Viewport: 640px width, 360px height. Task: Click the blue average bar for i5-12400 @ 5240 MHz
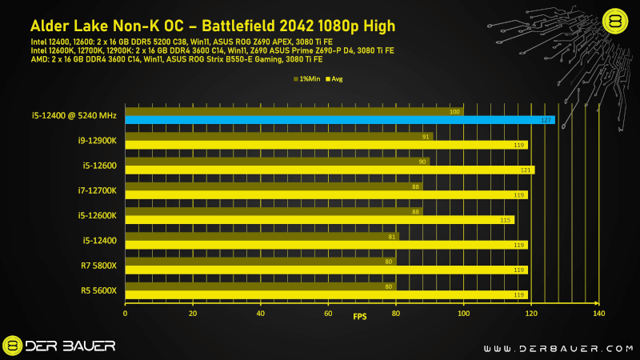click(x=336, y=120)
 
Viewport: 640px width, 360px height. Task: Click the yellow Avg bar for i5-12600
click(x=328, y=170)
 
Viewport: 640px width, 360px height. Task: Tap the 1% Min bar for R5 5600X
click(x=260, y=286)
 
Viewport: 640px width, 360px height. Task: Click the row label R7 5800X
click(x=99, y=266)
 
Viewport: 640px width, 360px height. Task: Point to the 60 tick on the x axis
click(x=328, y=314)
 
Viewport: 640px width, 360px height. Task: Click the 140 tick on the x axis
click(x=598, y=314)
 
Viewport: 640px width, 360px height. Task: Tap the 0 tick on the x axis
click(x=125, y=314)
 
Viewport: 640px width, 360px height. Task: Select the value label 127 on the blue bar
click(x=546, y=120)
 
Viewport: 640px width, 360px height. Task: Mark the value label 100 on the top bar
click(x=455, y=112)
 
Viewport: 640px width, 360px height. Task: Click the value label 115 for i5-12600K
click(x=506, y=220)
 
